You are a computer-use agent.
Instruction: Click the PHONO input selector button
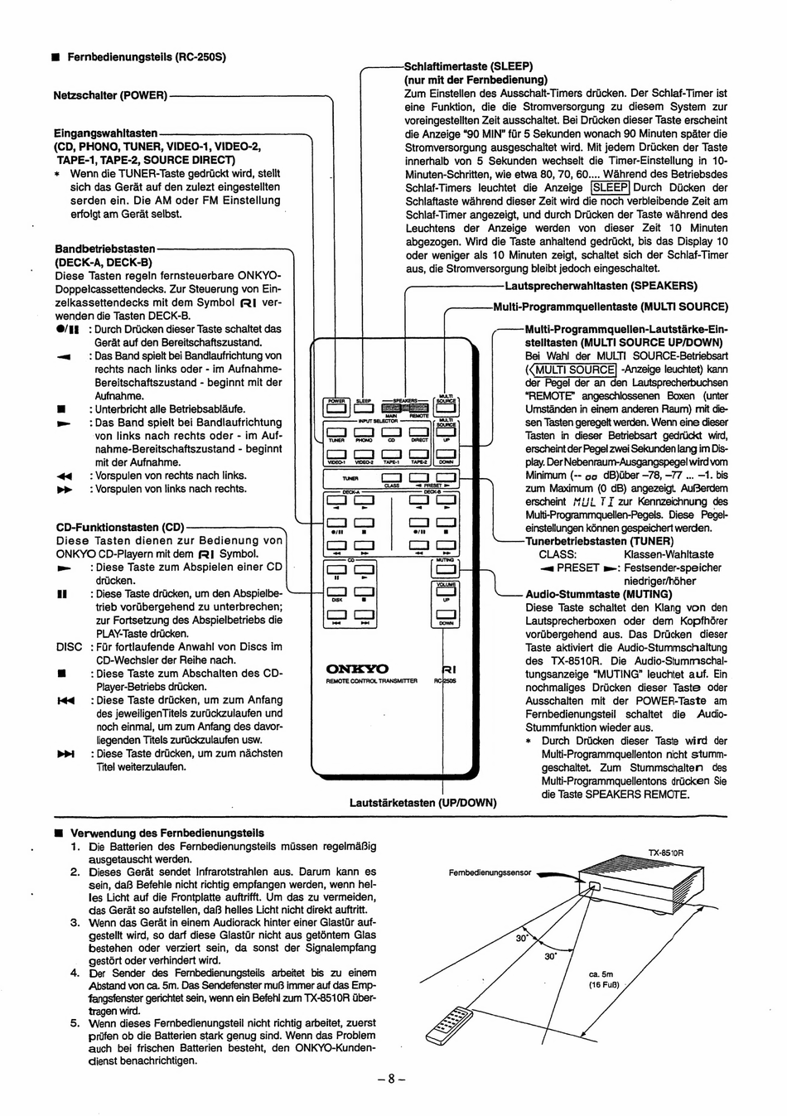click(x=365, y=432)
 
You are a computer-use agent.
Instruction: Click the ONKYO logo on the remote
click(x=357, y=669)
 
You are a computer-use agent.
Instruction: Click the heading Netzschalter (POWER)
click(x=110, y=95)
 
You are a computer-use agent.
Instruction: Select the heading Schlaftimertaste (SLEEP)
click(x=468, y=66)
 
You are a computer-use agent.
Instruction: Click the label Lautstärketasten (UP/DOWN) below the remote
click(x=422, y=802)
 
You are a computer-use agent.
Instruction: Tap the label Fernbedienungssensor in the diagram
click(x=490, y=873)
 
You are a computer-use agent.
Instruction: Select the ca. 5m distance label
click(x=601, y=975)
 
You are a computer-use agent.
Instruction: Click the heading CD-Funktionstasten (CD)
click(x=119, y=528)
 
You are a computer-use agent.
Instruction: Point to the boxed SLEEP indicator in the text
click(x=610, y=188)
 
